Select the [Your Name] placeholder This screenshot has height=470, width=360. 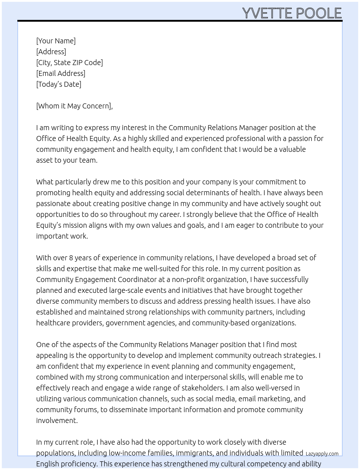56,41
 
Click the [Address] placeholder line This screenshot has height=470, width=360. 51,52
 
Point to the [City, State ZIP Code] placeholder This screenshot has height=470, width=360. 69,63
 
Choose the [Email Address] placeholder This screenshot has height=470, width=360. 61,73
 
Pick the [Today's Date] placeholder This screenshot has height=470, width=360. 59,84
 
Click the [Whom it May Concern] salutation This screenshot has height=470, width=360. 74,106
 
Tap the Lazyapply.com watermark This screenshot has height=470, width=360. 322,454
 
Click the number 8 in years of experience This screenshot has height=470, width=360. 71,258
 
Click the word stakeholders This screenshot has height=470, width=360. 202,388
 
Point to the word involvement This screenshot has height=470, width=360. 57,420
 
